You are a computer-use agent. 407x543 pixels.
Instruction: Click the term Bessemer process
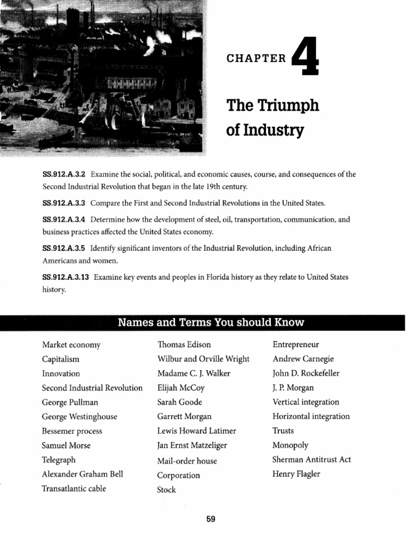pyautogui.click(x=72, y=431)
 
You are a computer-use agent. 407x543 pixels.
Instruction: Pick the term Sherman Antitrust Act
pyautogui.click(x=312, y=459)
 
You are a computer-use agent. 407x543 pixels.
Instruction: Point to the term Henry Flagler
pyautogui.click(x=296, y=474)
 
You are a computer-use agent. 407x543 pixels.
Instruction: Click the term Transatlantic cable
pyautogui.click(x=74, y=488)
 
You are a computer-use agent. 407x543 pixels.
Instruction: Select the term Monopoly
pyautogui.click(x=290, y=445)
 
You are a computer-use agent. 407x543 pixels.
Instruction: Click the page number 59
pyautogui.click(x=211, y=519)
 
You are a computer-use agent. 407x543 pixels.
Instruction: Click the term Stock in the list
pyautogui.click(x=166, y=489)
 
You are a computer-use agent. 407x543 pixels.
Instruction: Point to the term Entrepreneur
pyautogui.click(x=296, y=345)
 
